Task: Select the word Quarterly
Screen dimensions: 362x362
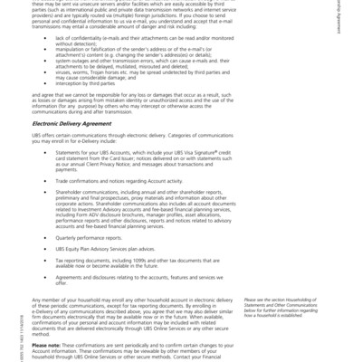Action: point(69,238)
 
